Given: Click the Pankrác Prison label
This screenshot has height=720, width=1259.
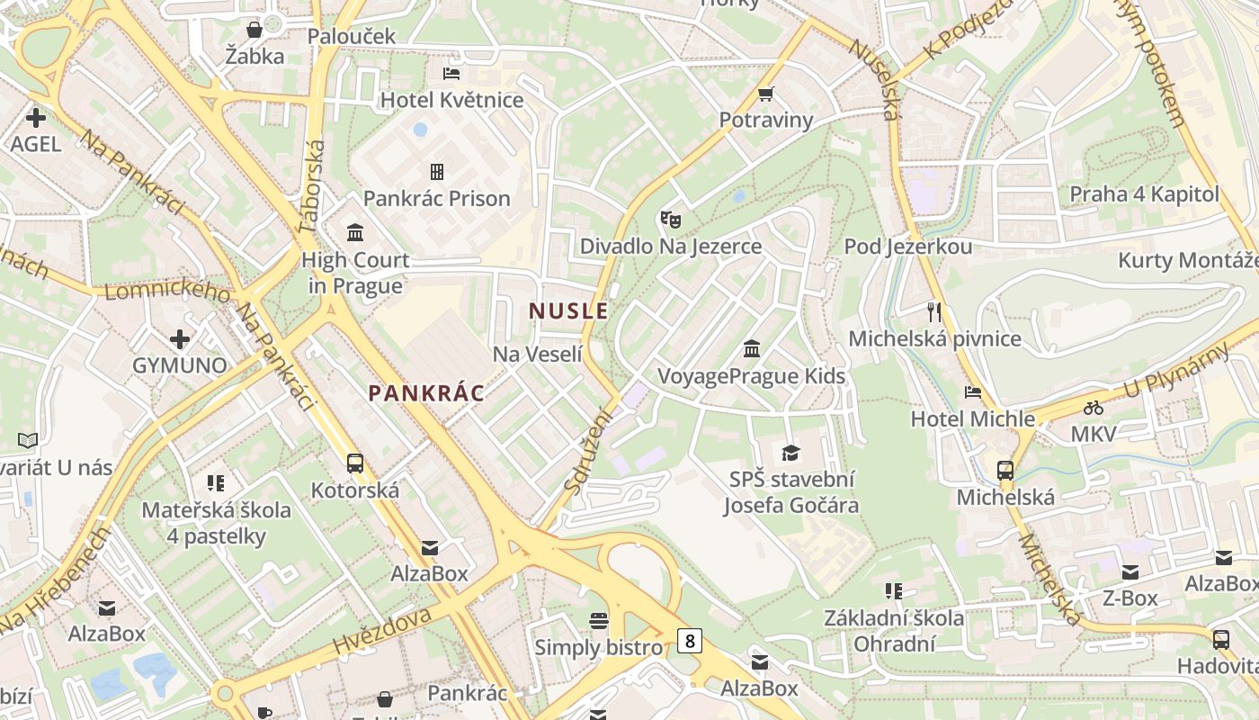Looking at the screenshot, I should [436, 198].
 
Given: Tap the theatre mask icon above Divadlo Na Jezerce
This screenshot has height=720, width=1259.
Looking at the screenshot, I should [670, 219].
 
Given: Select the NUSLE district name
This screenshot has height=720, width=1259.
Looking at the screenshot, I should [568, 311].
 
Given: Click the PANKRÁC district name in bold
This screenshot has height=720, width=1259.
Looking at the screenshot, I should [426, 392].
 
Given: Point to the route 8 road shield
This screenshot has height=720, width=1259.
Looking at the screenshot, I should [689, 641].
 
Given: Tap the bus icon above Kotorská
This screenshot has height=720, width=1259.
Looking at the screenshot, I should [355, 463].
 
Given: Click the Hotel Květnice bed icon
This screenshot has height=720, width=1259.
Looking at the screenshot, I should [451, 73].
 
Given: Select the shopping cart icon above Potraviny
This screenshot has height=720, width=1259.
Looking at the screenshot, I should [766, 94].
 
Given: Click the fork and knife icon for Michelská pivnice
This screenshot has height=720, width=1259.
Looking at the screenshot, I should [934, 312].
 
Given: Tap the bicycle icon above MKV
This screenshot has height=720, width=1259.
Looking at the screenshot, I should [1094, 408].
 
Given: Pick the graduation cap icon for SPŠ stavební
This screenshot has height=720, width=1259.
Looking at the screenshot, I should [790, 453].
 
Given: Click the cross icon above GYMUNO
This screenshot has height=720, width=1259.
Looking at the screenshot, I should [180, 339].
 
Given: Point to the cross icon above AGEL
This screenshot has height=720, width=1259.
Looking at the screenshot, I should [36, 117].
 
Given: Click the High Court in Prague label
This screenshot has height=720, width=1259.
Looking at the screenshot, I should [355, 273].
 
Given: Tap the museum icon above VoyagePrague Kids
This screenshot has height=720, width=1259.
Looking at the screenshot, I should [752, 348].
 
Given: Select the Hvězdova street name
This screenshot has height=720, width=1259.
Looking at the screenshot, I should [382, 629].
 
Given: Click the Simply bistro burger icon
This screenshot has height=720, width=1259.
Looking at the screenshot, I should [599, 620].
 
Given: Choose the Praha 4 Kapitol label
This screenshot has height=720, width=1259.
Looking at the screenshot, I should [1144, 193].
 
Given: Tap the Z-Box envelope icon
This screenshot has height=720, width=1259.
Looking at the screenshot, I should [1130, 571].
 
